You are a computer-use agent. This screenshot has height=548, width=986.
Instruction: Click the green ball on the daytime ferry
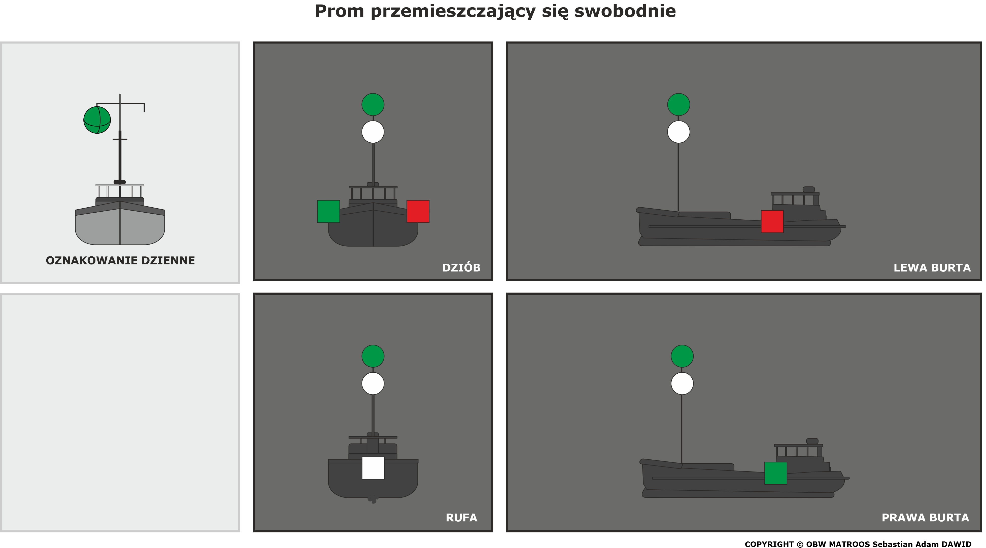click(97, 120)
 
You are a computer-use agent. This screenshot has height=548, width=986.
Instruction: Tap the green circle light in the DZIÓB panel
click(373, 104)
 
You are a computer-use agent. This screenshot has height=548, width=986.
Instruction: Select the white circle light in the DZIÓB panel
click(373, 132)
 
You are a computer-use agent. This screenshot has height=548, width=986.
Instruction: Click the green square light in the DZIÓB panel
click(328, 211)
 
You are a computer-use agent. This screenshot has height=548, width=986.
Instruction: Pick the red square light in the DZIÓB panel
click(418, 211)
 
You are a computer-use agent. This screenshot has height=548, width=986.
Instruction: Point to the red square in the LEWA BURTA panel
click(772, 221)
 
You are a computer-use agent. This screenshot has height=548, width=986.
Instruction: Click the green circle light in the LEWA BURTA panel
click(679, 104)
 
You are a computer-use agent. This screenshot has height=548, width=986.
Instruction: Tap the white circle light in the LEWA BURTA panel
click(679, 132)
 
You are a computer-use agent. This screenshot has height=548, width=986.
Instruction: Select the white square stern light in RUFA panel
click(373, 468)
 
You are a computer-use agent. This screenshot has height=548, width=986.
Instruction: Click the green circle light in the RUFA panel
click(373, 356)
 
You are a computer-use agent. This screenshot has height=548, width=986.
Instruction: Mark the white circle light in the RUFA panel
click(373, 383)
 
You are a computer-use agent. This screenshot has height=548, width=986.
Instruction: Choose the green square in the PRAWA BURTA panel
click(775, 473)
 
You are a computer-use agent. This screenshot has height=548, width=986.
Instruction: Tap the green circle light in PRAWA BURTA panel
click(682, 356)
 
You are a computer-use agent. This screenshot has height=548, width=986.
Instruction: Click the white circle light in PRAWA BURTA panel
click(682, 383)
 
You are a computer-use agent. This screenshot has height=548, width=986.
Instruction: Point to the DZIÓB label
click(461, 267)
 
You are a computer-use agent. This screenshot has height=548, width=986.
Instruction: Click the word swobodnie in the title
click(625, 11)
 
